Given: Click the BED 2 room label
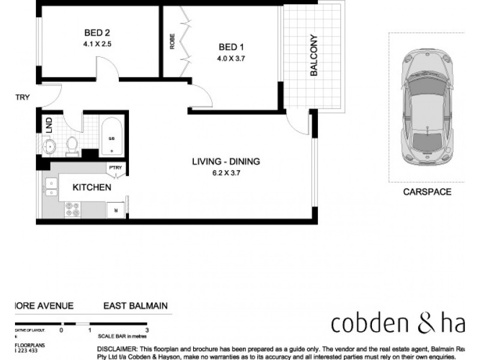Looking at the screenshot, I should [98, 32].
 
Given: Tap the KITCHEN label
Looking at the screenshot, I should [92, 188].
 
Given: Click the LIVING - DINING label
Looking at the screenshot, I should [226, 161].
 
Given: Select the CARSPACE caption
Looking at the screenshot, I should [427, 192].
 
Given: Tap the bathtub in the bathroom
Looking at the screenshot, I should [111, 137].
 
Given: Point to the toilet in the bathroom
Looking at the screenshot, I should [72, 145].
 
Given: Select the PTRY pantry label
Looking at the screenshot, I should [115, 169].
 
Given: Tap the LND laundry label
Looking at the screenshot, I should [49, 125].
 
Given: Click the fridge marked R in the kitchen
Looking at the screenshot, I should [115, 209].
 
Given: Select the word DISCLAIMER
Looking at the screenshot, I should [116, 349].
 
